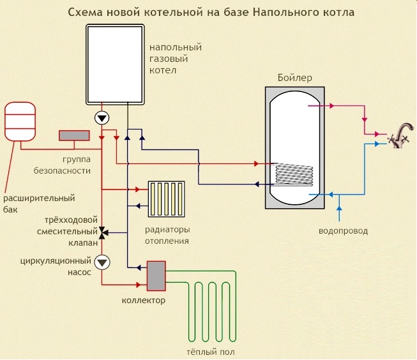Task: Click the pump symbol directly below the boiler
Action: (102, 118)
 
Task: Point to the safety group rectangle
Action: (75, 135)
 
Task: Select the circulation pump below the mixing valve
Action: (102, 262)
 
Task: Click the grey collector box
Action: (155, 274)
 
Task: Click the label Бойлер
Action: (294, 78)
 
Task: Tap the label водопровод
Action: (343, 230)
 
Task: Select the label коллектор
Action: (144, 300)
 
